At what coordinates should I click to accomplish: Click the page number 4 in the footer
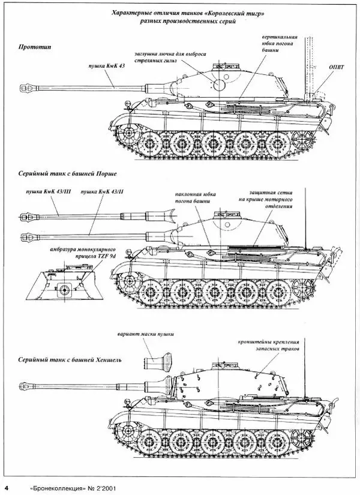click(6, 485)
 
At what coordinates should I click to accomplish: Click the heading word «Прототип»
click(34, 47)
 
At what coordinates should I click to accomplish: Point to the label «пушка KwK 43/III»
click(42, 190)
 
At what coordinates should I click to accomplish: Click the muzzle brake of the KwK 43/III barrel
click(26, 214)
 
